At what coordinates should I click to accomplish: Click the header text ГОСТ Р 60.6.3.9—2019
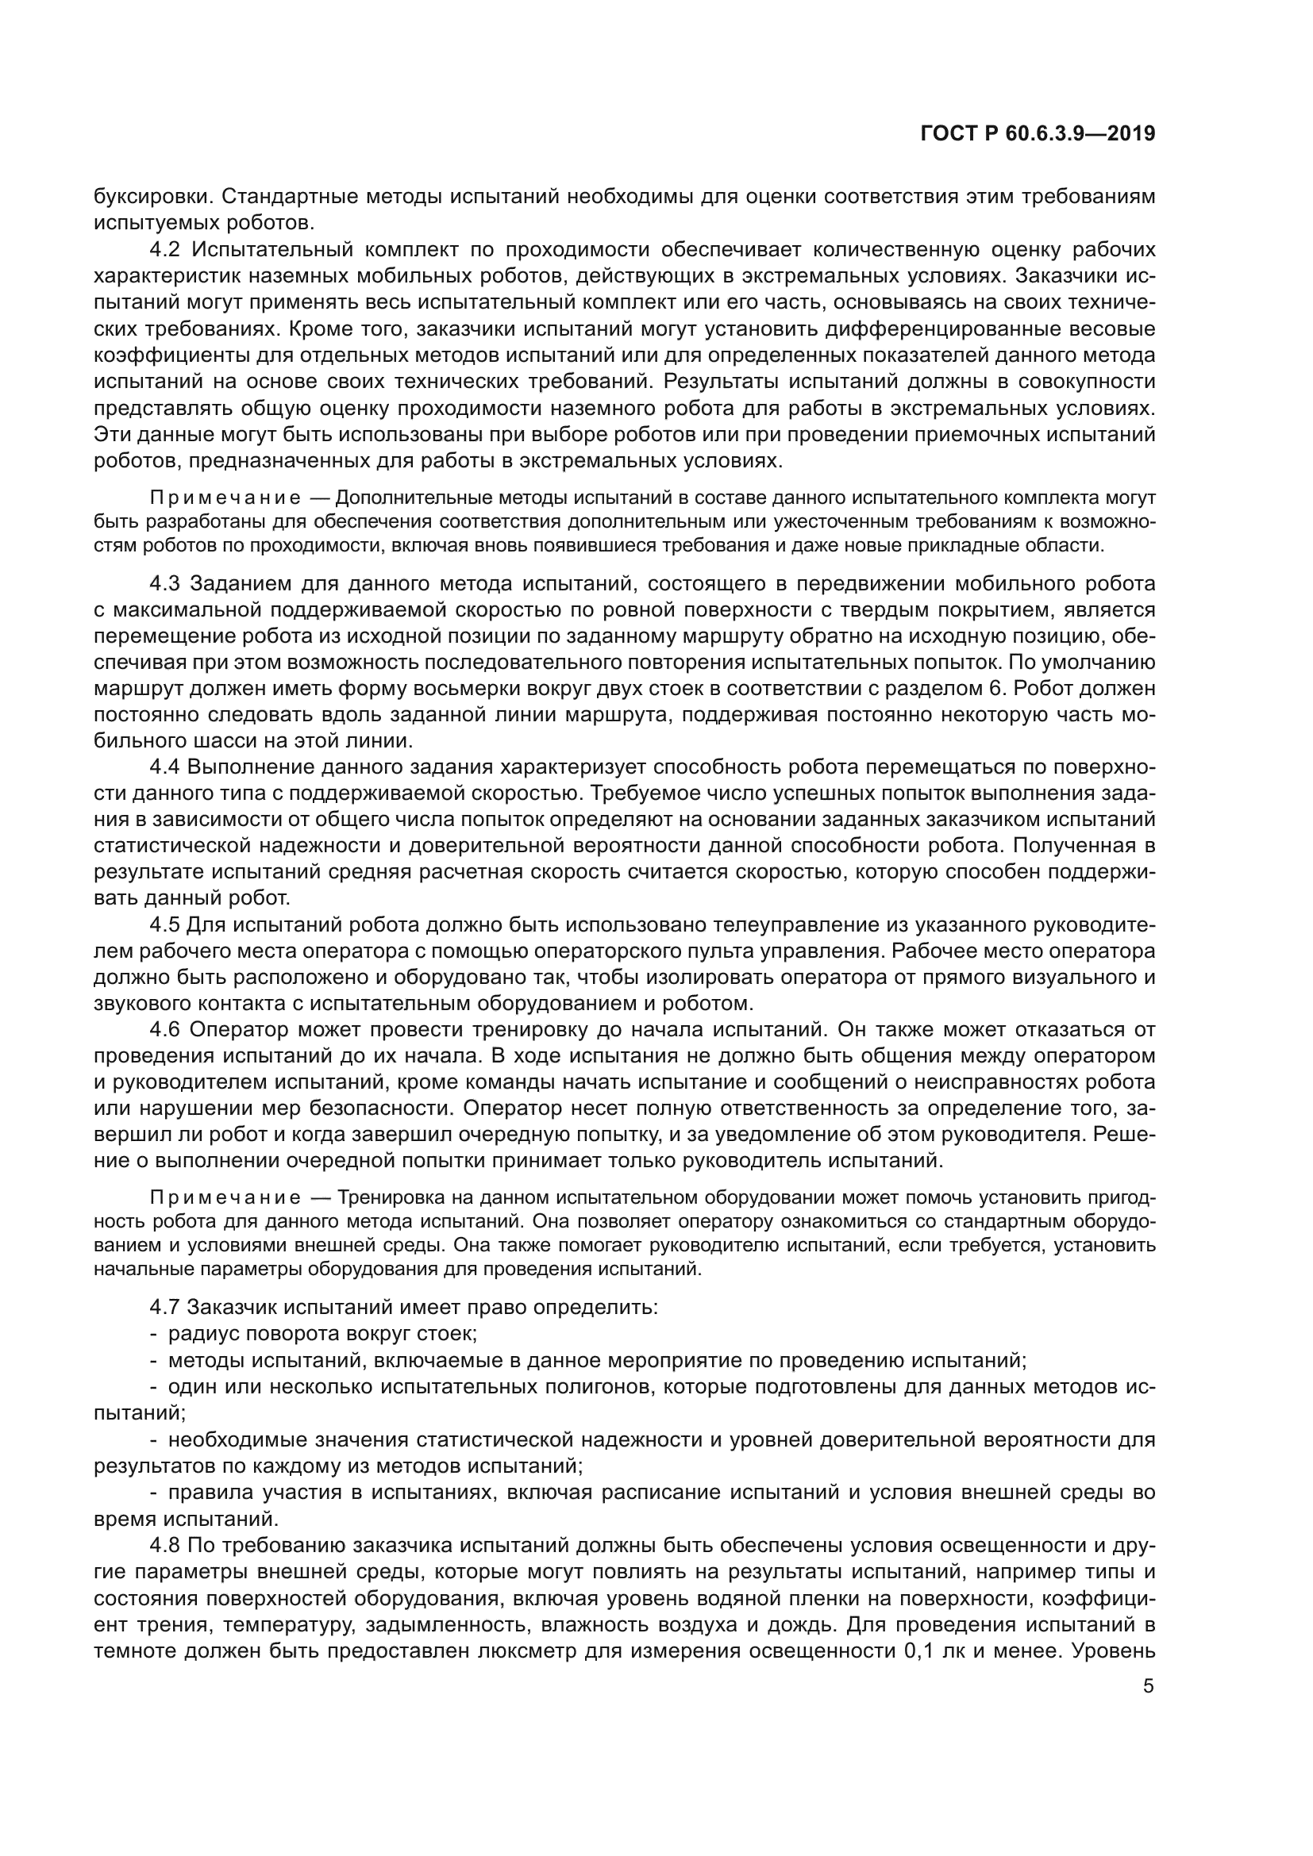click(1038, 134)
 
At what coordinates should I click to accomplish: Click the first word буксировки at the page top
click(151, 197)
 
